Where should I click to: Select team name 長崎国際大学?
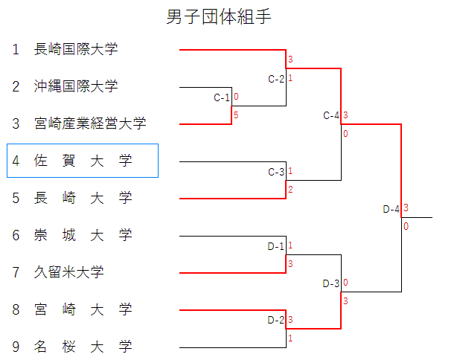coord(76,50)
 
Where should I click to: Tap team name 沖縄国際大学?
coord(76,87)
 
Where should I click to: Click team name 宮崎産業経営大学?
coord(90,123)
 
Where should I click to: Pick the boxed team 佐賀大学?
coord(83,161)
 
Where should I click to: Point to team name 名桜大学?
coord(83,347)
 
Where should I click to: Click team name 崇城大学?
coord(83,235)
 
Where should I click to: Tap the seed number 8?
coord(16,309)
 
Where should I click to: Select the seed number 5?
coord(16,198)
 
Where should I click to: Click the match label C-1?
coord(222,97)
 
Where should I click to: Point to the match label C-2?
coord(276,79)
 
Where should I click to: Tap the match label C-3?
coord(276,172)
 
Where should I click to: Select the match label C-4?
coord(331,115)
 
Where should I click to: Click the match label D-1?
coord(276,246)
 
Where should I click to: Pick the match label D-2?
coord(276,321)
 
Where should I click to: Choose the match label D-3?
coord(331,283)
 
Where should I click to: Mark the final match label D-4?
coord(392,209)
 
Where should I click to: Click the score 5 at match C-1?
coord(236,115)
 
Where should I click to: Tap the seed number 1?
coord(16,50)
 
